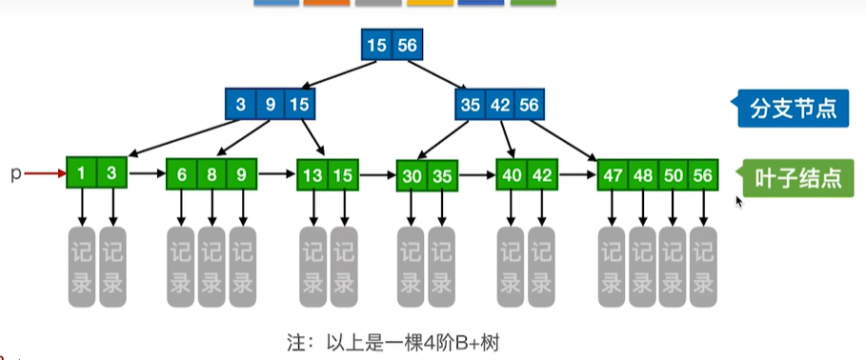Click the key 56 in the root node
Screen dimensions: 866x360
(408, 45)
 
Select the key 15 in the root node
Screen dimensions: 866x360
(376, 45)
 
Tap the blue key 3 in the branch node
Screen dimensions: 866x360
(240, 104)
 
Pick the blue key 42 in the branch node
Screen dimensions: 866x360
(500, 104)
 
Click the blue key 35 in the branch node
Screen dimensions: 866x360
(470, 104)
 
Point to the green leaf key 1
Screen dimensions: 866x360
(81, 172)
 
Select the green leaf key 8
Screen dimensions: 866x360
(211, 174)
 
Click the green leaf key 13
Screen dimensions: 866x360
(312, 175)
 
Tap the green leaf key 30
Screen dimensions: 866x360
(412, 175)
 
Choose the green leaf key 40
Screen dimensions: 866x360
(512, 175)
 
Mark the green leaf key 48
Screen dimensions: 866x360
(643, 175)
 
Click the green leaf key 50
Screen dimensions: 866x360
(674, 175)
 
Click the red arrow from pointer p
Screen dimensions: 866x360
(46, 173)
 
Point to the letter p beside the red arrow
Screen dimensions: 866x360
(16, 174)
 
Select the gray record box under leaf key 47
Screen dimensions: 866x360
(613, 267)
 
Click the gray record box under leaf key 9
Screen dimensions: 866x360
(242, 267)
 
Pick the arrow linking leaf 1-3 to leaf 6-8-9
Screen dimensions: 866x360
(147, 173)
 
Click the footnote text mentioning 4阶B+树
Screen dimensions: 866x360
(393, 344)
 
